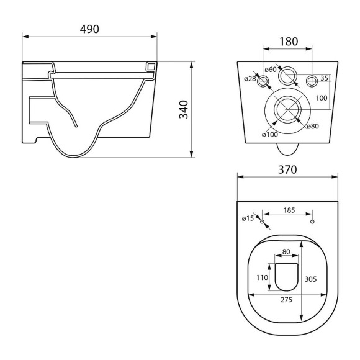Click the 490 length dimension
[x=89, y=29]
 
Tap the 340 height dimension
[x=184, y=109]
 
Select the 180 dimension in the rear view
[x=289, y=42]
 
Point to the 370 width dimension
[x=287, y=169]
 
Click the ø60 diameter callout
[x=271, y=69]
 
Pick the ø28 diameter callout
[x=250, y=79]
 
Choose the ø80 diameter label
[x=313, y=126]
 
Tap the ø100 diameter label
[x=270, y=134]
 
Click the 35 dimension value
[x=324, y=78]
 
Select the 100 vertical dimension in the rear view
[x=322, y=98]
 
